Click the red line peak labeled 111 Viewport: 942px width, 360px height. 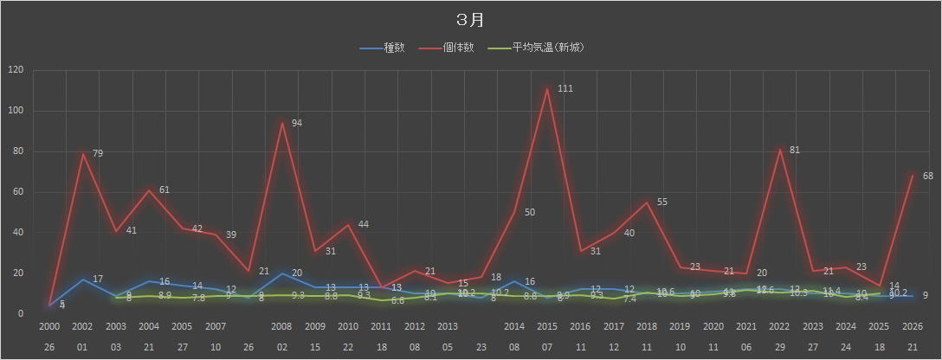point(547,89)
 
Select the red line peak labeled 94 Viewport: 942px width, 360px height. point(281,123)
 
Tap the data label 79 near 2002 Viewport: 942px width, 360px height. point(98,154)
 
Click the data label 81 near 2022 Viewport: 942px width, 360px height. point(795,151)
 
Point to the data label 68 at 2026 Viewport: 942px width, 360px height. point(927,177)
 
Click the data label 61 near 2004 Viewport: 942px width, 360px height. point(164,190)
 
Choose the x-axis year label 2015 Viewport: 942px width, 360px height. point(547,326)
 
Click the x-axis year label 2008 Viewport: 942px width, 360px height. point(281,326)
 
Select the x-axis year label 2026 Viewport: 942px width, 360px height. point(913,326)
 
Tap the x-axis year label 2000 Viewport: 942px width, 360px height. point(49,326)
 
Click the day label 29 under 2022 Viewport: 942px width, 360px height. point(779,345)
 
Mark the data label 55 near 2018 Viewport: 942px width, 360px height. point(662,202)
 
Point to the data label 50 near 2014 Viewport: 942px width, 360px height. point(530,212)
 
